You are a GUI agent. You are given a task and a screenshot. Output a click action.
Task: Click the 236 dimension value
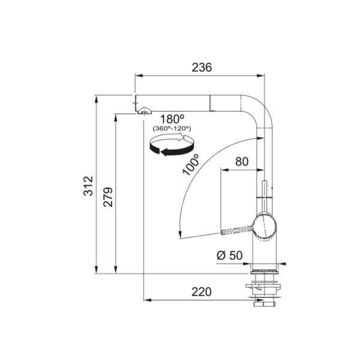click(x=202, y=67)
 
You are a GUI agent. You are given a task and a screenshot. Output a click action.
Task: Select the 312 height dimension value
click(x=88, y=186)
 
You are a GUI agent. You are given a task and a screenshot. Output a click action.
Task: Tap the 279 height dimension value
click(x=108, y=197)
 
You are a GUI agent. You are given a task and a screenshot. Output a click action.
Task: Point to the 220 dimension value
click(x=202, y=292)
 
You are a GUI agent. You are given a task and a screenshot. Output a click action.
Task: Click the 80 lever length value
click(x=242, y=161)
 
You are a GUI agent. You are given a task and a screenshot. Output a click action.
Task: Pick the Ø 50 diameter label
click(x=229, y=256)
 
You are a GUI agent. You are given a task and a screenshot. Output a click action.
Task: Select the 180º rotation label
click(x=172, y=119)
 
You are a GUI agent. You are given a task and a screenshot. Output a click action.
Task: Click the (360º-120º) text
click(x=172, y=128)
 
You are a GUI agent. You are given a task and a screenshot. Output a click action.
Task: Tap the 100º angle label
click(x=191, y=164)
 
